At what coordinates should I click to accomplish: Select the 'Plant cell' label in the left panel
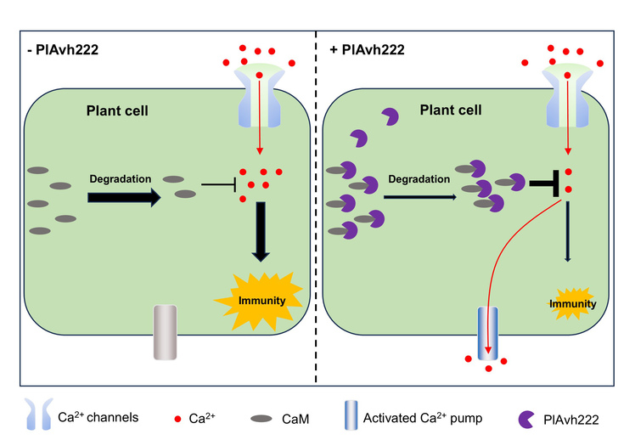pyautogui.click(x=118, y=110)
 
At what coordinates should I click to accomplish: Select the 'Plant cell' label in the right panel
pyautogui.click(x=449, y=110)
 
